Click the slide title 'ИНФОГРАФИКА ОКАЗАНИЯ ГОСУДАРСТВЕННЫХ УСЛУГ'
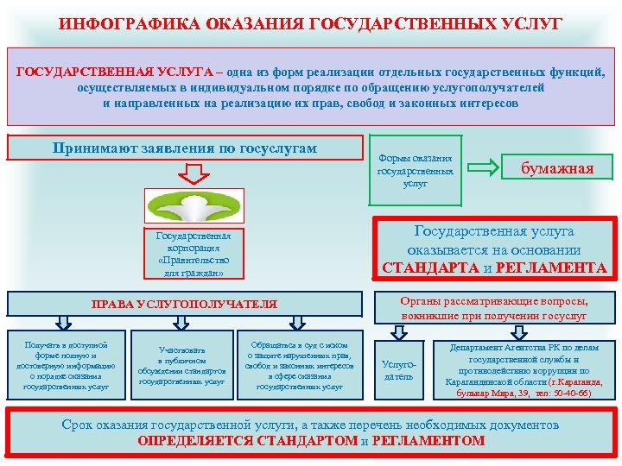point(310,22)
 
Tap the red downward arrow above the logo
point(195,177)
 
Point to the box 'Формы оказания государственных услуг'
point(415,171)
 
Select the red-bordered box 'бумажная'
point(557,168)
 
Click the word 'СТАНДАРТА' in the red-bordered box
point(429,268)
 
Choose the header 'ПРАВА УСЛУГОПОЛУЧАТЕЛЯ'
point(185,304)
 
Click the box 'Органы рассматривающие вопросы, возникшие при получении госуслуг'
point(493,309)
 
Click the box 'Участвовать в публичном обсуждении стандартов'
point(181,365)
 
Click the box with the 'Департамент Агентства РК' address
point(524,370)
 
